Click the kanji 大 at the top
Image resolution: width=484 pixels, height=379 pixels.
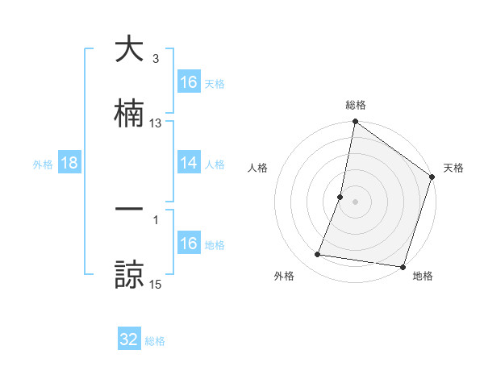[129, 49]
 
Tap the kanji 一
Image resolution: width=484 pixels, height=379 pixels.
[129, 209]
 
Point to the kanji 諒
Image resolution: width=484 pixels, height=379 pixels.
[129, 273]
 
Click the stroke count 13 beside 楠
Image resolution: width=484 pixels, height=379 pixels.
[156, 123]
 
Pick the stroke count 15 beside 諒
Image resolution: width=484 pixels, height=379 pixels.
[156, 284]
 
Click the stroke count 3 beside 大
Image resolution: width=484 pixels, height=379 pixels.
[156, 59]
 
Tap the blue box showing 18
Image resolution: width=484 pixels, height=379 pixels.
[69, 163]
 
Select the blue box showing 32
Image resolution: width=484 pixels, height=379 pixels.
[129, 339]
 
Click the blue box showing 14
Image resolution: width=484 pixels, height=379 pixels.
[189, 163]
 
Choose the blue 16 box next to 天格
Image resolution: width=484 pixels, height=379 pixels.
[189, 82]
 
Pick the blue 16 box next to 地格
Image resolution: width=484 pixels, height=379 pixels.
[189, 244]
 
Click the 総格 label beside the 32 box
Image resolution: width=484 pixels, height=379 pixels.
[155, 341]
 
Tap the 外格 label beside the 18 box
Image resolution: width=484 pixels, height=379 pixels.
[43, 165]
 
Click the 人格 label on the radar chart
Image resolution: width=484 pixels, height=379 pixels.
[257, 168]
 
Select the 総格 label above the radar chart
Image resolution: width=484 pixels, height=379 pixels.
[356, 105]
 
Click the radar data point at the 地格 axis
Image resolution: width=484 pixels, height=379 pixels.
[403, 266]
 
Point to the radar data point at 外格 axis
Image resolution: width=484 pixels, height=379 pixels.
[318, 255]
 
